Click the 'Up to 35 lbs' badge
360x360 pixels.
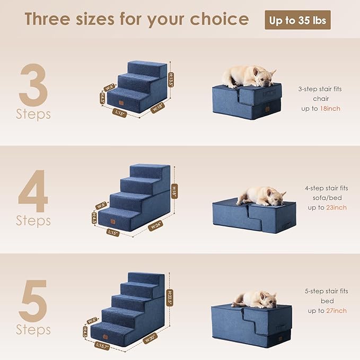(x=297, y=20)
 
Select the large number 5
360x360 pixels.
(x=33, y=301)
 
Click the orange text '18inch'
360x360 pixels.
(x=330, y=109)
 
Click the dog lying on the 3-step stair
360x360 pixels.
(x=248, y=76)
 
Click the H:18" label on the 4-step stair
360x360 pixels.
(x=174, y=190)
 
